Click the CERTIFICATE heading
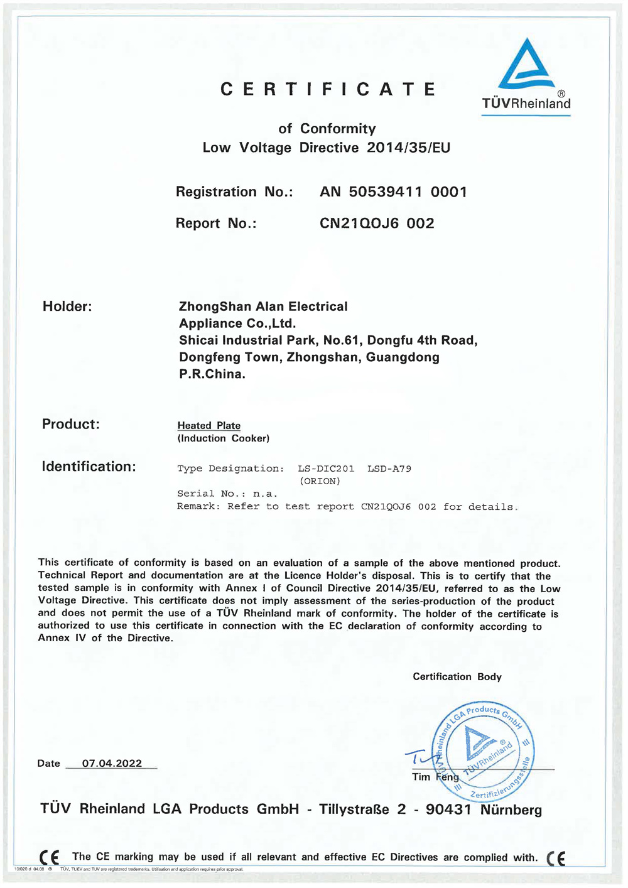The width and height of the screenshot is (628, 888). pyautogui.click(x=328, y=89)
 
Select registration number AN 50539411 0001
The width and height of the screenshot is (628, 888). pyautogui.click(x=393, y=192)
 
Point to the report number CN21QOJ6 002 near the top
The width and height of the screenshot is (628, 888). pyautogui.click(x=377, y=224)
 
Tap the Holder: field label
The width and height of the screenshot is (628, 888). pyautogui.click(x=67, y=306)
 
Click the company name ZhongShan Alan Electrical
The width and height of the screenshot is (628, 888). pyautogui.click(x=263, y=306)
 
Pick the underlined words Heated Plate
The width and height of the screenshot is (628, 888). pyautogui.click(x=208, y=426)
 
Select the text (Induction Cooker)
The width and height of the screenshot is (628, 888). pyautogui.click(x=223, y=438)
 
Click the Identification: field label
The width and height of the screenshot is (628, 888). pyautogui.click(x=89, y=467)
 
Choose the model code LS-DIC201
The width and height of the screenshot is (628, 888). pyautogui.click(x=326, y=468)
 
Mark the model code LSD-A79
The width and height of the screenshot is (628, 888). pyautogui.click(x=389, y=468)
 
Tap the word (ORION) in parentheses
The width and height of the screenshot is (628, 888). pyautogui.click(x=320, y=481)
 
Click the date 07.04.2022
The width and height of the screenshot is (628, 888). pyautogui.click(x=112, y=763)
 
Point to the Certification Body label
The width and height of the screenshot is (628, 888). pyautogui.click(x=457, y=676)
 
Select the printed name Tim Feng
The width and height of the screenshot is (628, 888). pyautogui.click(x=435, y=777)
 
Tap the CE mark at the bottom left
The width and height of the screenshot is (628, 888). pyautogui.click(x=49, y=857)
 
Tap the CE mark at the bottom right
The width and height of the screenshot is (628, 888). pyautogui.click(x=556, y=858)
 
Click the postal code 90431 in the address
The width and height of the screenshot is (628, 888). pyautogui.click(x=448, y=809)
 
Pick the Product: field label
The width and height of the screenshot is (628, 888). pyautogui.click(x=71, y=424)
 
